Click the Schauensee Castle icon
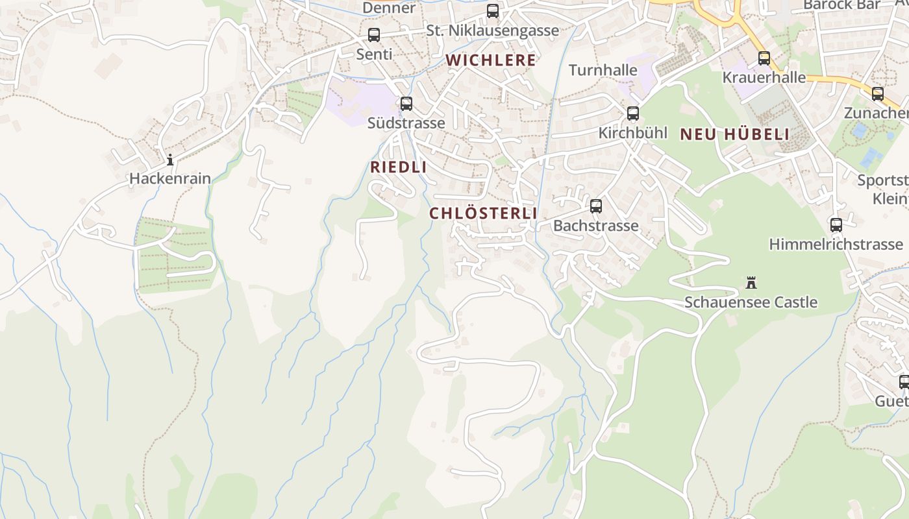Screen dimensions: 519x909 click(x=751, y=283)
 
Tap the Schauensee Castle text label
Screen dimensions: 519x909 click(x=751, y=302)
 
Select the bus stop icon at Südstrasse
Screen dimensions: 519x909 click(x=406, y=104)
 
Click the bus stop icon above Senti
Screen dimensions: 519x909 click(x=374, y=35)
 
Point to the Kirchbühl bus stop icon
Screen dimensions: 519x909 click(x=633, y=114)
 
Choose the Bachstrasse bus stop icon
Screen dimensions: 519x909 click(x=596, y=206)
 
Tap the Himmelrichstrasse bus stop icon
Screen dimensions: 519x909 click(x=836, y=225)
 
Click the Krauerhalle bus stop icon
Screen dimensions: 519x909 click(x=764, y=58)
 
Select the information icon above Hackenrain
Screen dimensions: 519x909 click(x=170, y=160)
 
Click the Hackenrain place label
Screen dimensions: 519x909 click(x=170, y=178)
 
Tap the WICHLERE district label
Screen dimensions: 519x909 click(x=491, y=60)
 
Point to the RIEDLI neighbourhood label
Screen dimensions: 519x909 click(x=399, y=167)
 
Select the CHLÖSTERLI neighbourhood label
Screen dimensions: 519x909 click(x=483, y=213)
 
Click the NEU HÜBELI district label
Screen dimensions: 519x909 click(x=734, y=135)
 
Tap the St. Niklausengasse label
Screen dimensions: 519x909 click(x=492, y=30)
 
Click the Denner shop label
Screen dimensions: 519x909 click(x=389, y=8)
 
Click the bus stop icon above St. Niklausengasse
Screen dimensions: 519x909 click(x=493, y=11)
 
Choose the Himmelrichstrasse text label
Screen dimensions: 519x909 click(x=836, y=245)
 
